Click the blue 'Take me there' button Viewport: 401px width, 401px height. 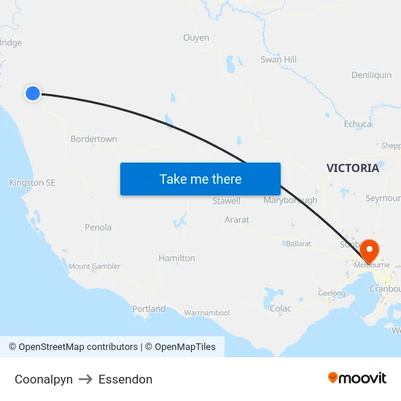(200, 179)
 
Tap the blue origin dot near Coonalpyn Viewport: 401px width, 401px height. (32, 93)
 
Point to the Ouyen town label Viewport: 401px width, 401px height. (196, 38)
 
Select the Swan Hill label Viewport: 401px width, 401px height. (279, 60)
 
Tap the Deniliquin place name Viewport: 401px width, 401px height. (371, 75)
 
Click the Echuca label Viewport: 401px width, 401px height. (358, 124)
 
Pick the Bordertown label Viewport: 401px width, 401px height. (93, 139)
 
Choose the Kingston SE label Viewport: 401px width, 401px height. (32, 183)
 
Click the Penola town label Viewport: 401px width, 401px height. (98, 227)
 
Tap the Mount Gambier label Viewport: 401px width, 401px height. (95, 267)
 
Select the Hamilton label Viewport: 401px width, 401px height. (176, 258)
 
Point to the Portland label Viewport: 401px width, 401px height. (149, 309)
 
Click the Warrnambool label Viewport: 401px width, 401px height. (206, 314)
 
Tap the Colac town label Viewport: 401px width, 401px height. (281, 308)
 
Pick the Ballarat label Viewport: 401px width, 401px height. (298, 244)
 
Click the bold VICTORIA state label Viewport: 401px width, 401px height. (353, 168)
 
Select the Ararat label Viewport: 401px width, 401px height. (237, 219)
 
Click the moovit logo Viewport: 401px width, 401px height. (357, 378)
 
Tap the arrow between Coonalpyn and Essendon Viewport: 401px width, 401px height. (86, 379)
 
